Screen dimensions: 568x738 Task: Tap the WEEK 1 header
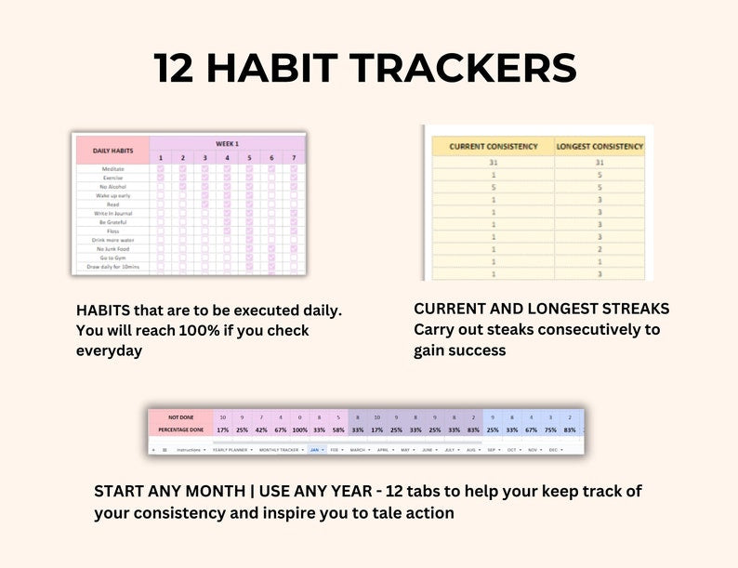point(227,143)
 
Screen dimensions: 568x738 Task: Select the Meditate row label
point(112,169)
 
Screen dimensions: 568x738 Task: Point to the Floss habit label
point(114,231)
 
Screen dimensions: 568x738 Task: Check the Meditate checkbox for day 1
point(161,169)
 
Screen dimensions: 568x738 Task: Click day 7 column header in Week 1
point(294,158)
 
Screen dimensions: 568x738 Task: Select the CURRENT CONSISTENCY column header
point(493,146)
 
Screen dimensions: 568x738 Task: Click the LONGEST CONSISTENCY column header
point(600,146)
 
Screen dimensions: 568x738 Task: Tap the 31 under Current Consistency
point(493,163)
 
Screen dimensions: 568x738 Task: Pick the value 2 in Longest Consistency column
point(600,249)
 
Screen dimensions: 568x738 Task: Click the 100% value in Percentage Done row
point(299,430)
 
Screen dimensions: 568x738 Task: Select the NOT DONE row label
point(180,417)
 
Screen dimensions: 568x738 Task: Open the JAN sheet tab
point(313,449)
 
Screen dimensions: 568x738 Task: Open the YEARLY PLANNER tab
point(230,449)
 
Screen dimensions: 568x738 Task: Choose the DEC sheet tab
point(554,449)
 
